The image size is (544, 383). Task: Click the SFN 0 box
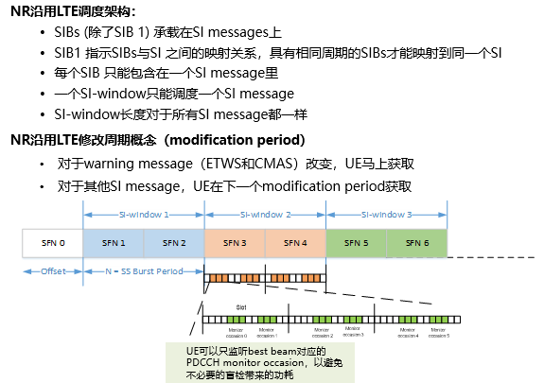(x=52, y=243)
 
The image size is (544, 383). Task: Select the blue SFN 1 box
(x=114, y=243)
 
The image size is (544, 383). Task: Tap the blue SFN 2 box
(x=173, y=243)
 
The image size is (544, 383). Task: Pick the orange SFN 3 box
(x=234, y=243)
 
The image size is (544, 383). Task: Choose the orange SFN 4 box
(x=294, y=243)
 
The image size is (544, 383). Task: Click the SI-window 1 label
(x=143, y=215)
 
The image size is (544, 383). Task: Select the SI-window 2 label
(x=264, y=215)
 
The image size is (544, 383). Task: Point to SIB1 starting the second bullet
(x=71, y=54)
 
